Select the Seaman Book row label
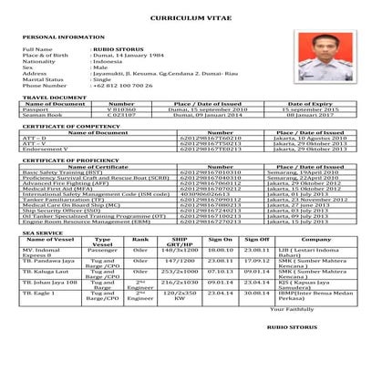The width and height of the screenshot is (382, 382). click(x=41, y=116)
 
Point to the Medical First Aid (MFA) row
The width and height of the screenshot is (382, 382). click(x=54, y=188)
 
